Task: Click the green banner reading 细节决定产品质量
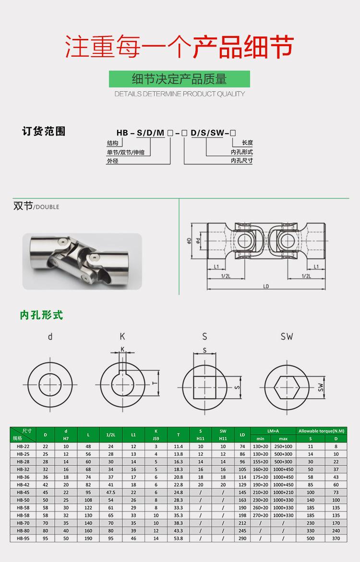pyautogui.click(x=179, y=79)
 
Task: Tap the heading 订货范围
pyautogui.click(x=44, y=131)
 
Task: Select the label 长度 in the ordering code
pyautogui.click(x=247, y=143)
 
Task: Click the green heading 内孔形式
pyautogui.click(x=41, y=315)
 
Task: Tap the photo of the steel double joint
pyautogui.click(x=82, y=261)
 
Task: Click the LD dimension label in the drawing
pyautogui.click(x=266, y=286)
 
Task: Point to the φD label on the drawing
pyautogui.click(x=191, y=240)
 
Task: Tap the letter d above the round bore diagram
pyautogui.click(x=50, y=337)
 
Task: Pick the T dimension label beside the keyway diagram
pyautogui.click(x=154, y=383)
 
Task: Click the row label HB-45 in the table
pyautogui.click(x=23, y=492)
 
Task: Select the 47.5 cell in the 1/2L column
pyautogui.click(x=110, y=492)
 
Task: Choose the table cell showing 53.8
pyautogui.click(x=178, y=538)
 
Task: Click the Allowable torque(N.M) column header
pyautogui.click(x=321, y=431)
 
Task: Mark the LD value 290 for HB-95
pyautogui.click(x=242, y=538)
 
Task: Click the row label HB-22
pyautogui.click(x=23, y=446)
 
